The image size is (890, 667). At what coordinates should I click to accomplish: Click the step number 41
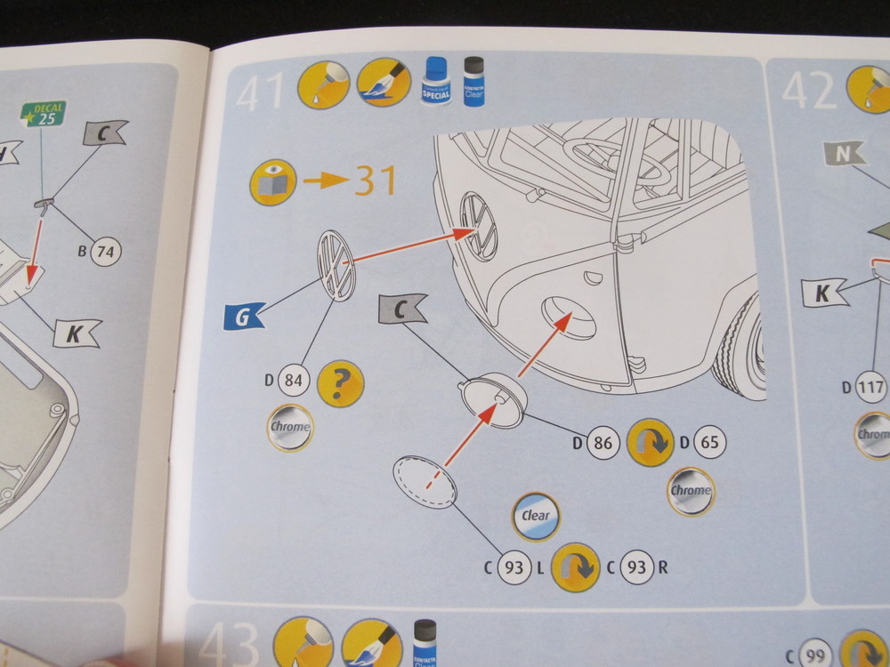tap(260, 92)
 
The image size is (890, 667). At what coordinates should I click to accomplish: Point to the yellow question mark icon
tap(340, 383)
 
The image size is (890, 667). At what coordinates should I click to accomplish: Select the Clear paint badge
tap(536, 516)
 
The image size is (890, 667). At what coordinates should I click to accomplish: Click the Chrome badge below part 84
tap(290, 428)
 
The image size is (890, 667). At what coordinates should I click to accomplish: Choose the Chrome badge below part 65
tap(691, 491)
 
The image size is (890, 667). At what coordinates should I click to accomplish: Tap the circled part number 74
tap(105, 253)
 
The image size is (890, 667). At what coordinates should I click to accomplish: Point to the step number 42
tap(809, 92)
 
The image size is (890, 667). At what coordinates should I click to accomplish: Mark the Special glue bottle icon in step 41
tap(435, 81)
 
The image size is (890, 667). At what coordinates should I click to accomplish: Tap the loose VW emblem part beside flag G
tap(336, 265)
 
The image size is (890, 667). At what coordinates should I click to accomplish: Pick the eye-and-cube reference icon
tap(271, 181)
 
